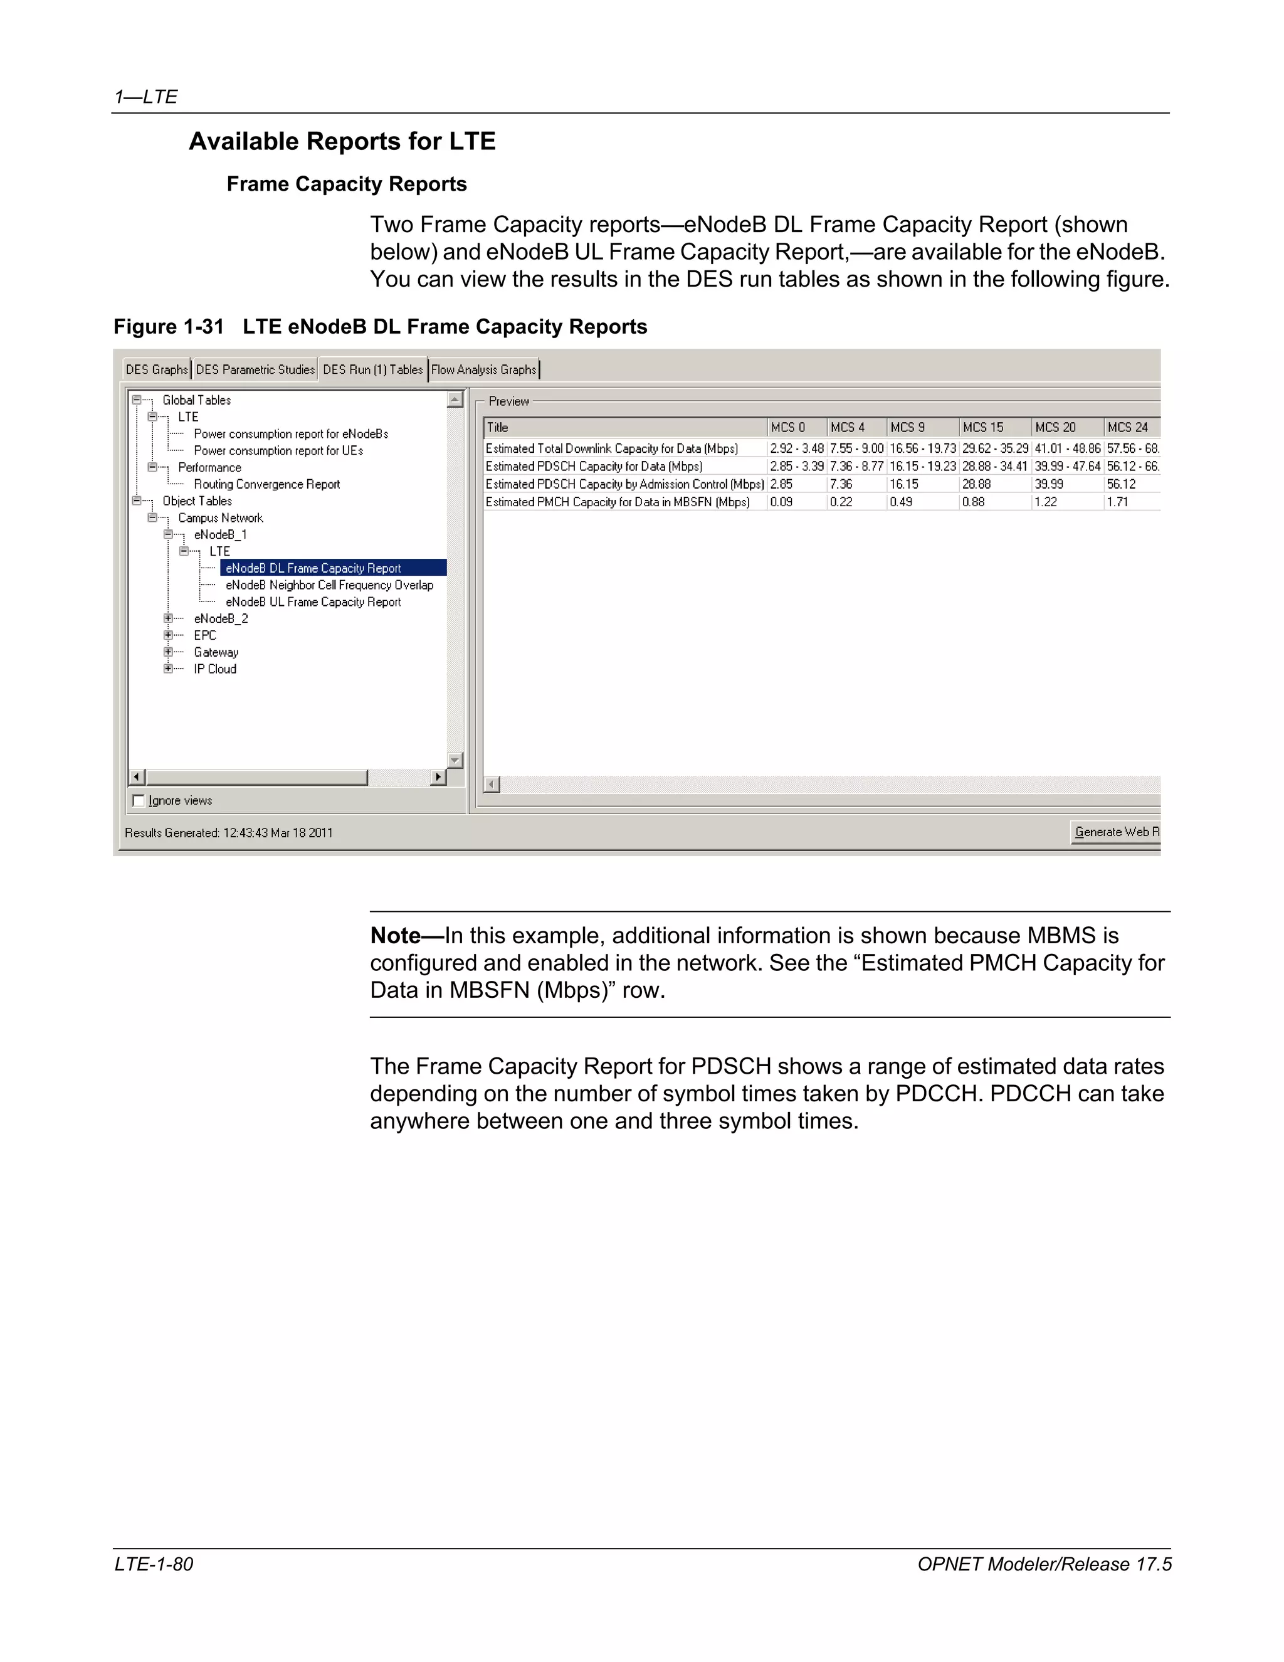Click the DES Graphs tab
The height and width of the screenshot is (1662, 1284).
[157, 370]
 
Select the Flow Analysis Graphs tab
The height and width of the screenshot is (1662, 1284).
[484, 370]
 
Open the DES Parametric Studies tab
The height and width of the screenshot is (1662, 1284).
[255, 370]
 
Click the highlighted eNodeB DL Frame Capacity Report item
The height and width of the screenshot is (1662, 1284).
[313, 568]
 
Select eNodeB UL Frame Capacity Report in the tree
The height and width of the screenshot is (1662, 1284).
[313, 602]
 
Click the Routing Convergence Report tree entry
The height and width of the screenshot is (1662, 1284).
[266, 485]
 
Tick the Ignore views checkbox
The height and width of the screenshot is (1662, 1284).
[139, 800]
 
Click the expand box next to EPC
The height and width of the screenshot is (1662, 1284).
[168, 635]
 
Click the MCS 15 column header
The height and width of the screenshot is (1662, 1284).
[983, 428]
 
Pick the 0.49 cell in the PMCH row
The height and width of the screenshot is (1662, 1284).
[902, 502]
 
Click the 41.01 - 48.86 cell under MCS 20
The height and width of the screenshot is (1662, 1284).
[1067, 449]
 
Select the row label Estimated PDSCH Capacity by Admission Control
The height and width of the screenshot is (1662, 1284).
[624, 485]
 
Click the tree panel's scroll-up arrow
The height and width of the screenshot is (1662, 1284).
[455, 400]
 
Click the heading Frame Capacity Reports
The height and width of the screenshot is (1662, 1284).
[346, 184]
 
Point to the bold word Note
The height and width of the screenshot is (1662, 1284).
[395, 935]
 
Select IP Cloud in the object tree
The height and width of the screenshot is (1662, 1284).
[214, 670]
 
